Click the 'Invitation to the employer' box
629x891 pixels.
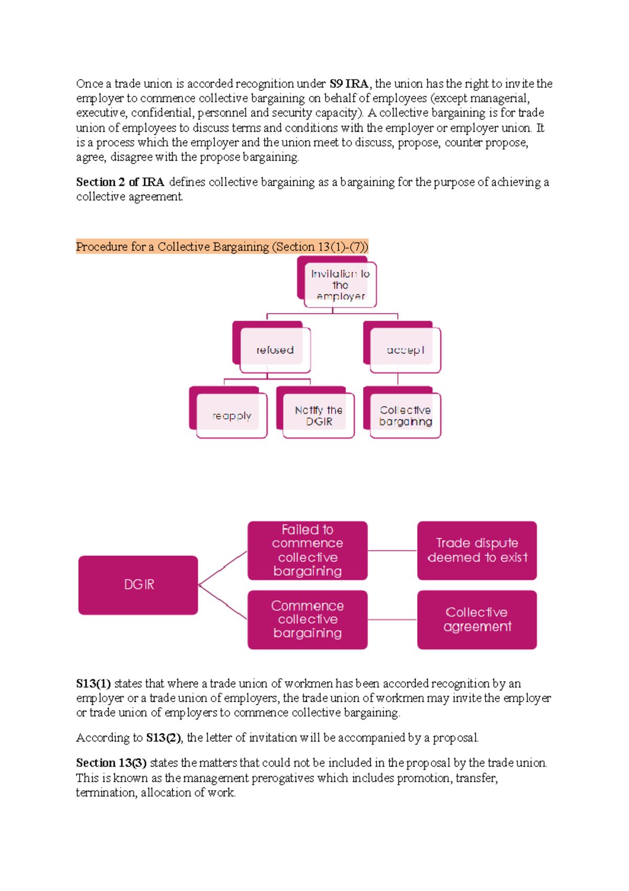pyautogui.click(x=340, y=285)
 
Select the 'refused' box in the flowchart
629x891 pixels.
pyautogui.click(x=275, y=350)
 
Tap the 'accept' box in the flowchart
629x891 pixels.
pyautogui.click(x=405, y=350)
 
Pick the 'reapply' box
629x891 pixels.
pyautogui.click(x=231, y=416)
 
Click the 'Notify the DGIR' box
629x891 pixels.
pyautogui.click(x=318, y=416)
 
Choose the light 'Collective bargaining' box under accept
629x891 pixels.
pyautogui.click(x=405, y=416)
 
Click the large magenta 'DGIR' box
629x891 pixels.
pyautogui.click(x=138, y=585)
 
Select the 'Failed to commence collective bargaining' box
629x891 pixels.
pyautogui.click(x=307, y=550)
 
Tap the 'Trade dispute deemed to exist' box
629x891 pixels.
pyautogui.click(x=477, y=550)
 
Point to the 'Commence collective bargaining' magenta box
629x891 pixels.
pyautogui.click(x=307, y=619)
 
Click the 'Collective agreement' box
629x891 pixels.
pyautogui.click(x=477, y=619)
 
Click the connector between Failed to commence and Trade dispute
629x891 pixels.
pyautogui.click(x=392, y=550)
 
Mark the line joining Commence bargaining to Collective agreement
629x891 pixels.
pyautogui.click(x=392, y=620)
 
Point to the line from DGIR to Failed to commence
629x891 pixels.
pyautogui.click(x=223, y=568)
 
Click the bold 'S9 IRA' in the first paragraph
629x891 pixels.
pyautogui.click(x=349, y=84)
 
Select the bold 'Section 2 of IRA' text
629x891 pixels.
pyautogui.click(x=120, y=182)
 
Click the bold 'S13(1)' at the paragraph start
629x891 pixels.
pyautogui.click(x=93, y=684)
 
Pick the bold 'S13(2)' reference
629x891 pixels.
pyautogui.click(x=164, y=738)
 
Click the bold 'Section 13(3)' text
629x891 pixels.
pyautogui.click(x=111, y=763)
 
